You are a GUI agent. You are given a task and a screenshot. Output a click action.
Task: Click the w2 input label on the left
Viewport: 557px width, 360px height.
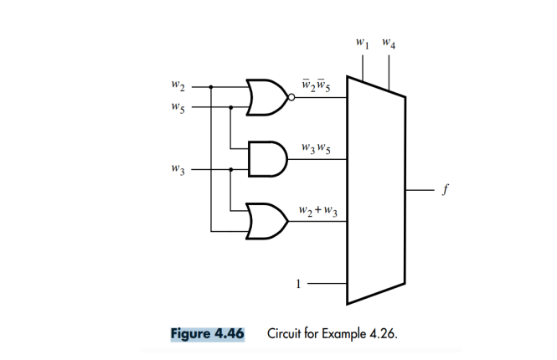coord(177,85)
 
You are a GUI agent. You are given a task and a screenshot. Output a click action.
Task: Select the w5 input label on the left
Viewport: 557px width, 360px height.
coord(177,107)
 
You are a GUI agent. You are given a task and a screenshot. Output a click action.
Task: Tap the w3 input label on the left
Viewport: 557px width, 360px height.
coord(177,168)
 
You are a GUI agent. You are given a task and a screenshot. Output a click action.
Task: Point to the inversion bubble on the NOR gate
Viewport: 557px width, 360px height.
coord(291,97)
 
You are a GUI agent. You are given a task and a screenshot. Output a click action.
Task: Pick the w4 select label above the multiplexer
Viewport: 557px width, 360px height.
coord(389,41)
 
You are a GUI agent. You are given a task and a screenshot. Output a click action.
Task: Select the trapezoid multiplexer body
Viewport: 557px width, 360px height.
coord(376,191)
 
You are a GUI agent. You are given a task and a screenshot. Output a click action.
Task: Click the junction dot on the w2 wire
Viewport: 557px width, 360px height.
coord(211,85)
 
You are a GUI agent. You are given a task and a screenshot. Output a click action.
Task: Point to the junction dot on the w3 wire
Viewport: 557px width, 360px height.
coord(231,168)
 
